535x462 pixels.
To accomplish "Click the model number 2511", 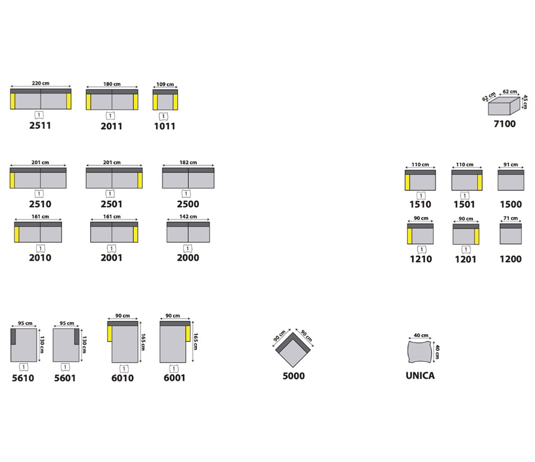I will point(40,126).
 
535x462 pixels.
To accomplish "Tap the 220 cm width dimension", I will point(41,83).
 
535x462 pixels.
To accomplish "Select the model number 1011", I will point(165,126).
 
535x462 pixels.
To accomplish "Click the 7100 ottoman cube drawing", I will point(504,106).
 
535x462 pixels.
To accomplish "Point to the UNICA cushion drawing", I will point(420,352).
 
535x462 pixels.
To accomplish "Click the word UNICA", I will point(420,375).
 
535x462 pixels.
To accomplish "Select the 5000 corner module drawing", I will point(293,352).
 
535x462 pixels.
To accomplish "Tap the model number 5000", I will point(294,376).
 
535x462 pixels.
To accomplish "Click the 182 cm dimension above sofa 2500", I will point(188,163).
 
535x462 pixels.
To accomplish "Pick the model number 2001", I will point(112,258).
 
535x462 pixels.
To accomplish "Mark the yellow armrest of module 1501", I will point(480,183).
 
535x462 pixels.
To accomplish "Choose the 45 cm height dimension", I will point(525,102).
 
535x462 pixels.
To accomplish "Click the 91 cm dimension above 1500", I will point(510,164).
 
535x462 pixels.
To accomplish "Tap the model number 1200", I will point(510,259).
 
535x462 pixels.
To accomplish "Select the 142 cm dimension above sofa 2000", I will point(188,217).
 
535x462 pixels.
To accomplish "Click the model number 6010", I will point(123,378).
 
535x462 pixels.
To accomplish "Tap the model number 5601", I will point(65,378).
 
